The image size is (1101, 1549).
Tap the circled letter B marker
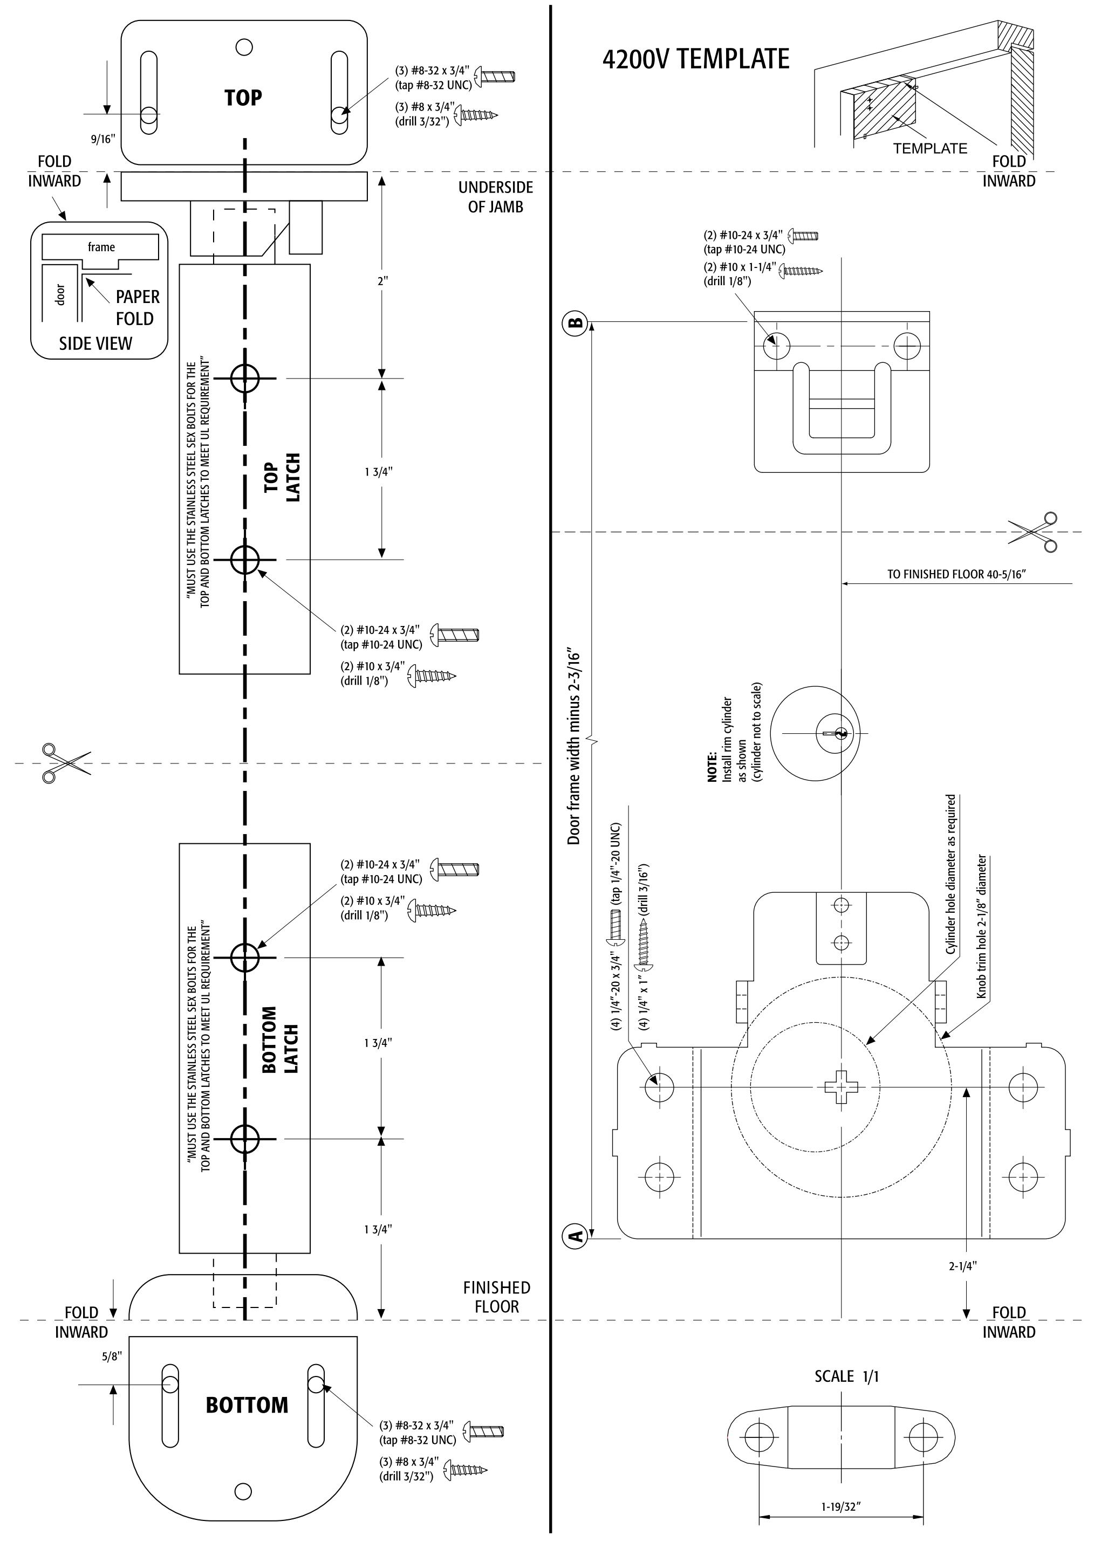[575, 322]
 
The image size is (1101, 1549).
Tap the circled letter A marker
[575, 1235]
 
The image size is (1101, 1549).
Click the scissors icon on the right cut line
[1032, 532]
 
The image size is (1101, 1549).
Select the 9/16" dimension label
[103, 139]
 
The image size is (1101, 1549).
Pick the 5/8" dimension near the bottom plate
[111, 1357]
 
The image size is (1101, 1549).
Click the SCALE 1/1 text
[847, 1376]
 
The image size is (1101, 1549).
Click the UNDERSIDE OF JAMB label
[496, 197]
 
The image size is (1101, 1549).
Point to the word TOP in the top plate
[243, 98]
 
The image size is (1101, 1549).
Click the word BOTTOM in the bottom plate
[247, 1406]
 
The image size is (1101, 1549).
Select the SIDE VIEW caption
[95, 343]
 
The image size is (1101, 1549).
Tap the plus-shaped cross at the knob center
[840, 1087]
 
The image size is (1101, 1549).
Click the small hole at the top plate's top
[243, 47]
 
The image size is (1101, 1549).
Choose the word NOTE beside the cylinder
[712, 767]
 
